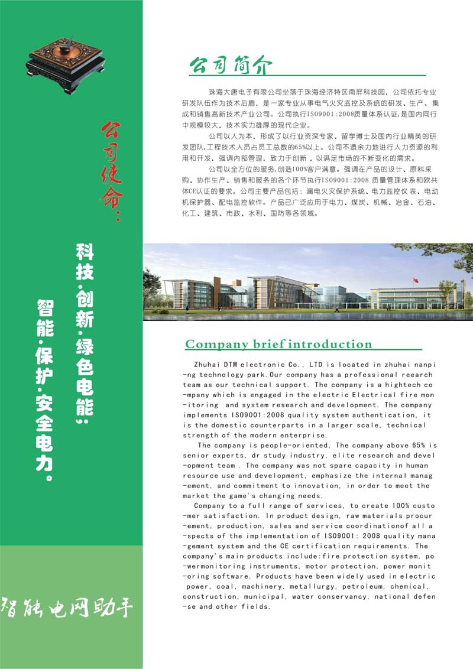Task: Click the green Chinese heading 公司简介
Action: pyautogui.click(x=231, y=66)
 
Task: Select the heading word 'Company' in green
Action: pyautogui.click(x=216, y=345)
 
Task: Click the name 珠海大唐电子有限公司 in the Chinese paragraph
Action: pyautogui.click(x=246, y=93)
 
